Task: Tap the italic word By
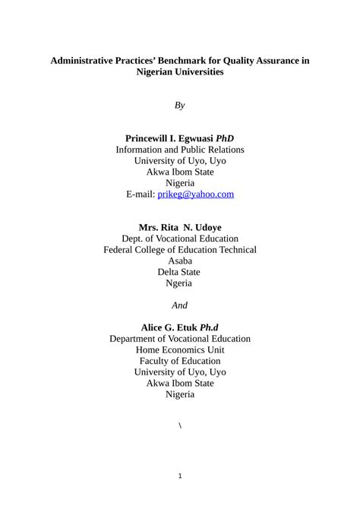click(x=180, y=105)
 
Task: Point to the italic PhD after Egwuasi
click(x=225, y=138)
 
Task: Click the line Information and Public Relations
click(x=180, y=150)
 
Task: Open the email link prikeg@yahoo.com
click(x=195, y=194)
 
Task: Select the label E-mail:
click(x=141, y=194)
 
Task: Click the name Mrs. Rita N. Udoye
click(x=180, y=227)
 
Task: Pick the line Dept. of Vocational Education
click(x=180, y=239)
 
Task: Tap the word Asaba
click(x=180, y=261)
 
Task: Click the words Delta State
click(x=180, y=272)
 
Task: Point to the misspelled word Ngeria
click(x=180, y=283)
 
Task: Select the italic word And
click(x=180, y=305)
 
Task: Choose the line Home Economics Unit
click(x=180, y=350)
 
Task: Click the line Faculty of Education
click(x=180, y=362)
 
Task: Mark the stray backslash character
click(x=180, y=425)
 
